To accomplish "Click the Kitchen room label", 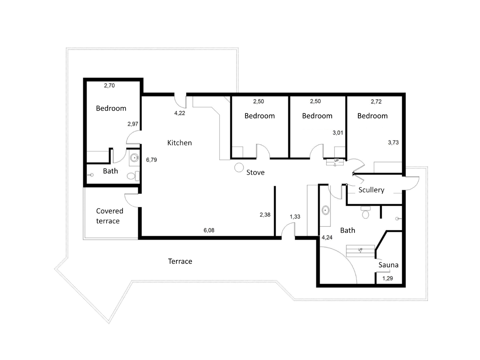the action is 179,143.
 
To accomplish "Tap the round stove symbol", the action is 239,168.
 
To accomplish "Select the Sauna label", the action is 388,265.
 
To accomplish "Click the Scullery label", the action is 371,190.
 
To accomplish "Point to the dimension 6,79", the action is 151,160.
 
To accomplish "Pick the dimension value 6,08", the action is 209,230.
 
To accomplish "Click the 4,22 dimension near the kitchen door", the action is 179,113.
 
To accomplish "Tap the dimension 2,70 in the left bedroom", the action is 109,86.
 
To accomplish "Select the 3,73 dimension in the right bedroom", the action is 393,142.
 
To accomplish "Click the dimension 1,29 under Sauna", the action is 387,278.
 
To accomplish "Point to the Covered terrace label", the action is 109,216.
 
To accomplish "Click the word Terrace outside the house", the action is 180,261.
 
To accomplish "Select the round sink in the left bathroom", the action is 134,158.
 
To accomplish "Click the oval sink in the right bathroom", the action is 326,210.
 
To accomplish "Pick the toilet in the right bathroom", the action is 365,212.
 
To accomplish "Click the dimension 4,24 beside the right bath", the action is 327,237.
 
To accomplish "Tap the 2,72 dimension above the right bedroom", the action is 376,102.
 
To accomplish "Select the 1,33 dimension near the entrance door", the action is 295,217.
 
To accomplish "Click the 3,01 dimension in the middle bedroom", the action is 338,133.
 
